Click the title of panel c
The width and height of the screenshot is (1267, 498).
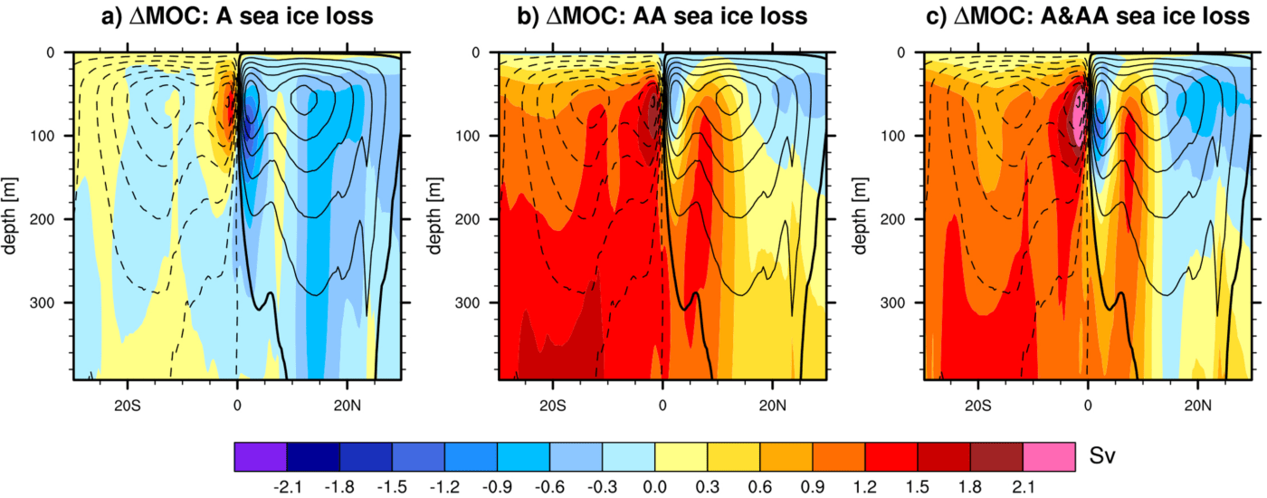(x=1087, y=17)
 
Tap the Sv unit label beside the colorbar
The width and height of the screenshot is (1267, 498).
(x=1101, y=455)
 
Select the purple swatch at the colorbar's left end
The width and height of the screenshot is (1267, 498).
(x=261, y=455)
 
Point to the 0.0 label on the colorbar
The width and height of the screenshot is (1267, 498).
(x=655, y=486)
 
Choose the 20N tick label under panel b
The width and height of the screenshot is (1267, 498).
(x=772, y=402)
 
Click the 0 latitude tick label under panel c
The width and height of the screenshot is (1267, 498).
(x=1087, y=402)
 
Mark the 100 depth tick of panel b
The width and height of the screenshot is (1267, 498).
(x=472, y=136)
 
